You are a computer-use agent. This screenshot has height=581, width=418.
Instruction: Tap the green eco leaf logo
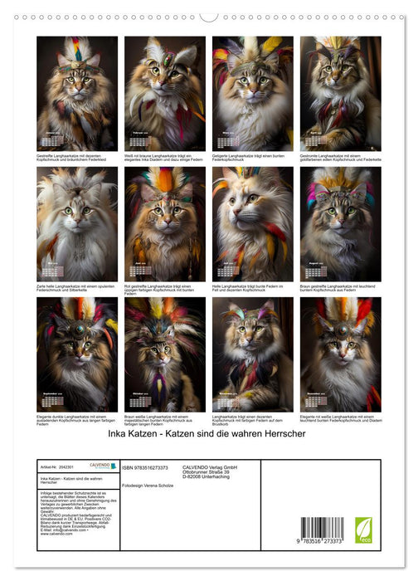coord(363,530)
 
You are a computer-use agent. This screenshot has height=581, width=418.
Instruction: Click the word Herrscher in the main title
coord(282,433)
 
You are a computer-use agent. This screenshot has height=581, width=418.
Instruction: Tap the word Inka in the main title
coord(121,433)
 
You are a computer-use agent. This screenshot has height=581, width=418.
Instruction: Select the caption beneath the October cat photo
coord(164,419)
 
